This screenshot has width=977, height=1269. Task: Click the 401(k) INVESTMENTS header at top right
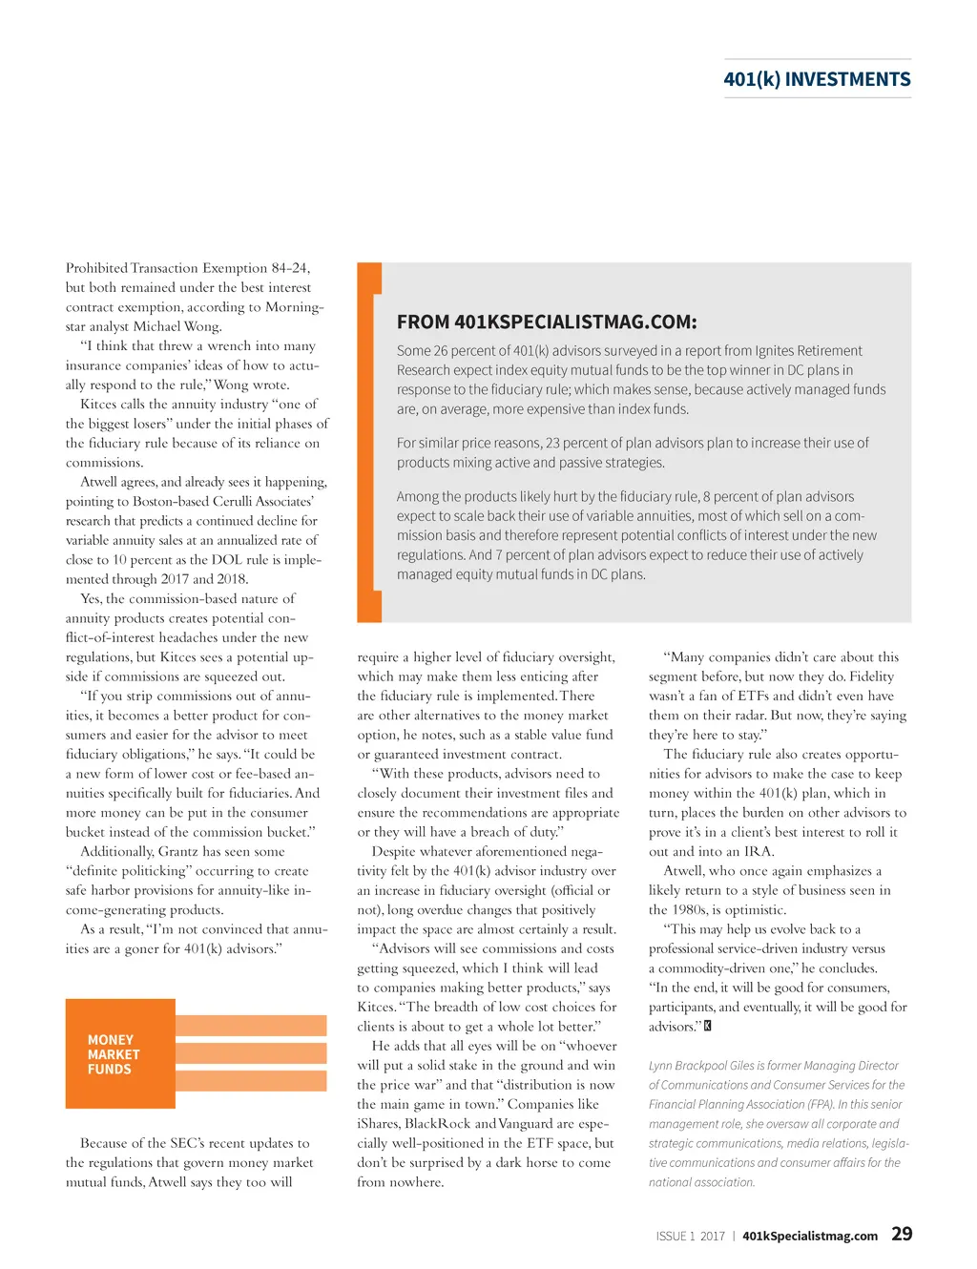tap(817, 80)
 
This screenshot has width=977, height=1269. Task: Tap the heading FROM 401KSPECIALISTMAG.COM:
tap(547, 322)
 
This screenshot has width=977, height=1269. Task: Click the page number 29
tap(902, 1234)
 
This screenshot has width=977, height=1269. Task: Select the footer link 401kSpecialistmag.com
tap(810, 1236)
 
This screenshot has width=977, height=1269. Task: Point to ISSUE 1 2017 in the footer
tap(690, 1236)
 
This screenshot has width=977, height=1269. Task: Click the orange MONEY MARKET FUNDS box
tap(120, 1054)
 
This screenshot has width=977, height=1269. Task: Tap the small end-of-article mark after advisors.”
tap(708, 1027)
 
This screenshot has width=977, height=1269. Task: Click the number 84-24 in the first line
tap(290, 268)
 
